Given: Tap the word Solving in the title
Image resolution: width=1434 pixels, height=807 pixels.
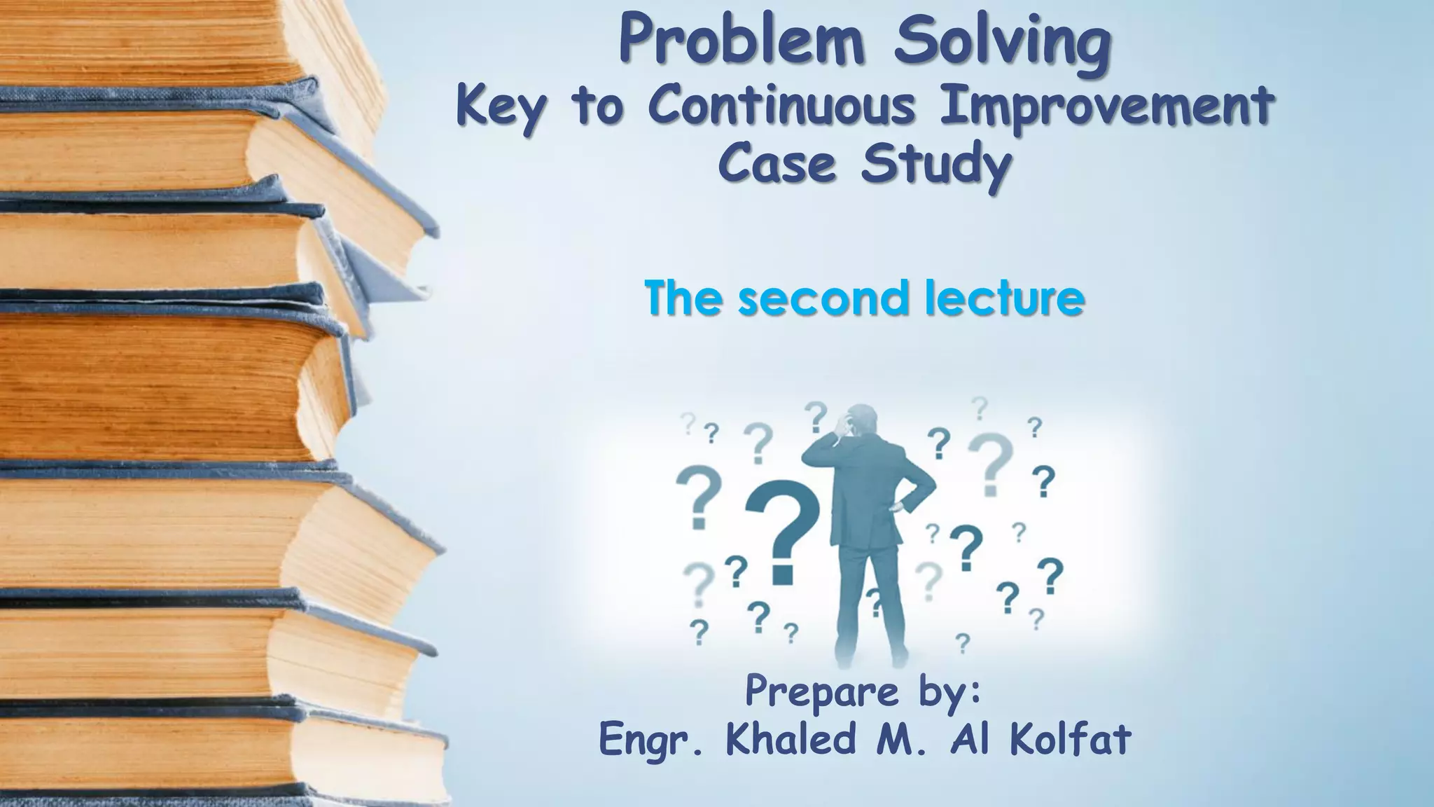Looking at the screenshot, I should coord(1003,42).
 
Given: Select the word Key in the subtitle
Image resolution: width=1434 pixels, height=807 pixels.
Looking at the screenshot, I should coord(499,106).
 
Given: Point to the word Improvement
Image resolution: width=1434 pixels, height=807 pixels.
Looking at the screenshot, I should coord(1106,106).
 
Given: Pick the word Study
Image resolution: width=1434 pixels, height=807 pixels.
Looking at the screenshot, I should coord(936,165).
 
